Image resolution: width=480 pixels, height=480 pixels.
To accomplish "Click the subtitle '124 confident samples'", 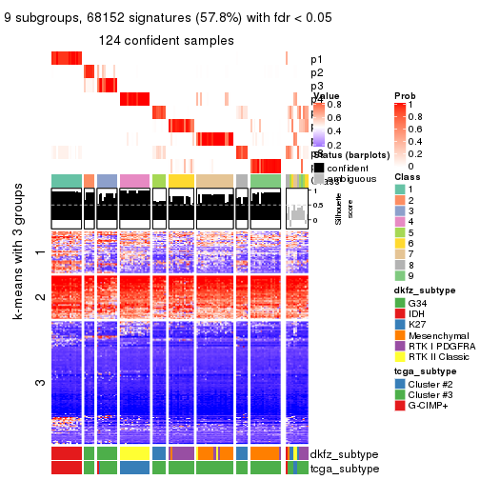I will point(166,40).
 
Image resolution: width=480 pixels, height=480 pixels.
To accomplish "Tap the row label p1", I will point(316,60).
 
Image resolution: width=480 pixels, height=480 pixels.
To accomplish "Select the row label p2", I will point(316,73).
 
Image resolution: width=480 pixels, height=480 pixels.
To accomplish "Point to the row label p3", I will point(316,87).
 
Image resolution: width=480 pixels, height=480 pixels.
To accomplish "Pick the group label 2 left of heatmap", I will point(39,297).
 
